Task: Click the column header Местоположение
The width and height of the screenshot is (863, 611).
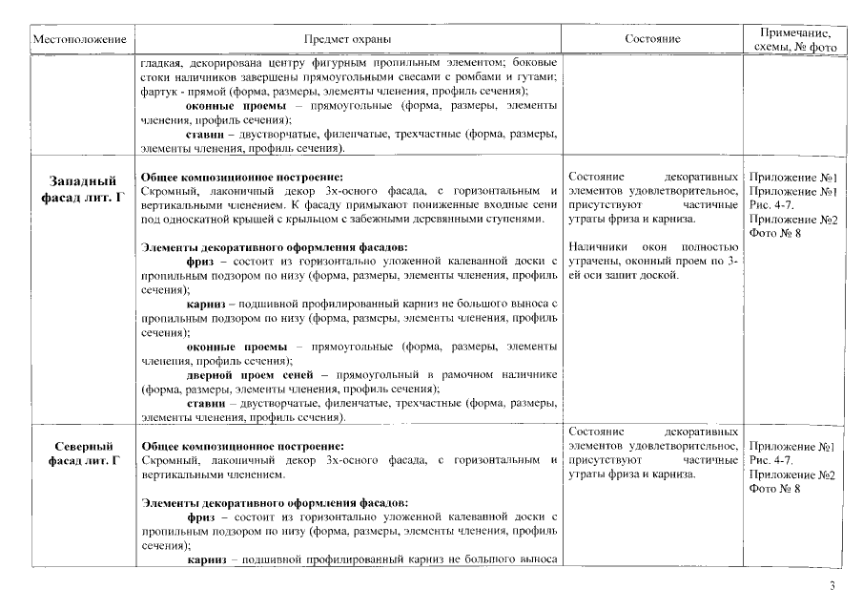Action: [80, 40]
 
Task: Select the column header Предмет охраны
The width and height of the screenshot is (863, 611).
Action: [347, 40]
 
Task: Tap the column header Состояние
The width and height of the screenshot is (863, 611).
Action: [652, 40]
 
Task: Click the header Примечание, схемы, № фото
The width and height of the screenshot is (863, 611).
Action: [794, 40]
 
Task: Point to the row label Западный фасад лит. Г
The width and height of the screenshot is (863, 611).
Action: [83, 187]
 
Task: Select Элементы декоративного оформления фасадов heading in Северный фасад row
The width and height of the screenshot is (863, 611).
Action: [275, 502]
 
